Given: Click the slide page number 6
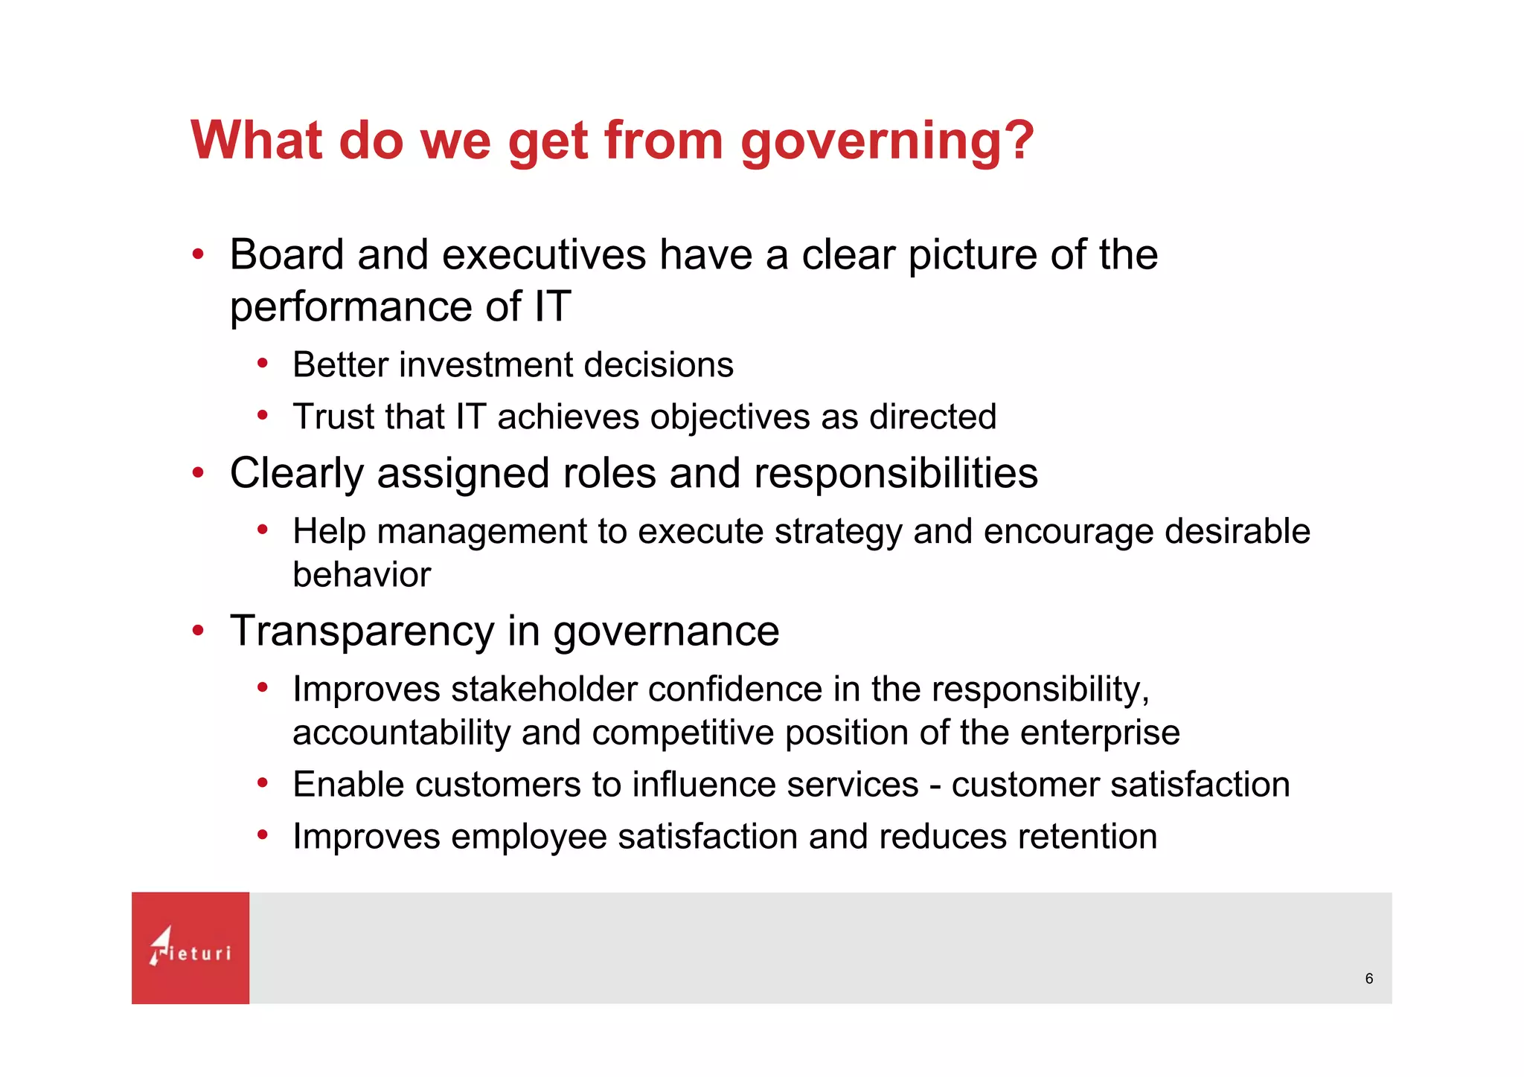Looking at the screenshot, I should point(1368,979).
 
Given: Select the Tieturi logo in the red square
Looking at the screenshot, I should point(190,948).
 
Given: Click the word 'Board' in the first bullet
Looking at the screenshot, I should point(286,255).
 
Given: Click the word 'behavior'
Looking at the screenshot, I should point(362,575).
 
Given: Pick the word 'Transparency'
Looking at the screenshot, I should point(362,632).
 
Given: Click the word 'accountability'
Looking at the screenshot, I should point(401,733).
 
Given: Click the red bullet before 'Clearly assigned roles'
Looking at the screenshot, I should point(198,473).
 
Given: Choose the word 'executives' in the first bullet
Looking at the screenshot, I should point(544,255).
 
